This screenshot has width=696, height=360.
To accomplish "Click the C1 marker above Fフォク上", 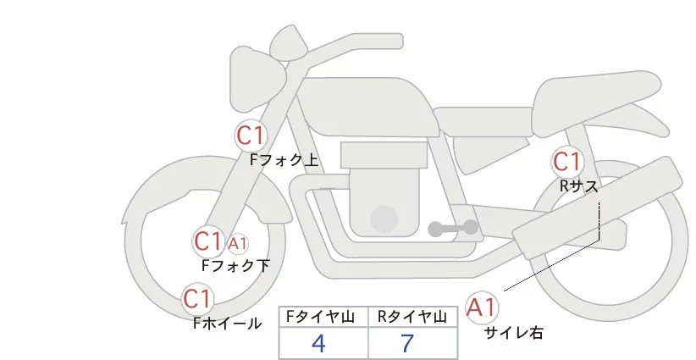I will click(251, 135).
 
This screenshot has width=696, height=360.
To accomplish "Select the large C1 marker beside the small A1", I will click(207, 241).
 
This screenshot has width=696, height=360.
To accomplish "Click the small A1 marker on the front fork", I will click(237, 244).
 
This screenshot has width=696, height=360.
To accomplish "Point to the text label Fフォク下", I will click(235, 265).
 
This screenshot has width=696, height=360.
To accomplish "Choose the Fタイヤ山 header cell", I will click(323, 317).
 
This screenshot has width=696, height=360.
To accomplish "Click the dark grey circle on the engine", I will click(384, 219).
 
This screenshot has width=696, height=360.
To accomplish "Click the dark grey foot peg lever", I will click(454, 228).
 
